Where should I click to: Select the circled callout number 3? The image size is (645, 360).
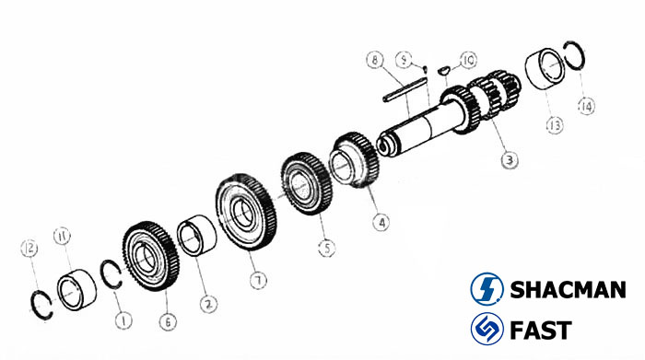[x=509, y=160]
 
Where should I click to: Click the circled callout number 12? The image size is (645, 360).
[x=29, y=248]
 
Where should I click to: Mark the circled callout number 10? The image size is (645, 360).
[x=467, y=60]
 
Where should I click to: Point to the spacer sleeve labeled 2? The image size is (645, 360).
[x=195, y=237]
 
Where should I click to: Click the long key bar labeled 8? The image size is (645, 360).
[x=402, y=87]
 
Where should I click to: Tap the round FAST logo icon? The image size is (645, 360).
[x=485, y=329]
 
